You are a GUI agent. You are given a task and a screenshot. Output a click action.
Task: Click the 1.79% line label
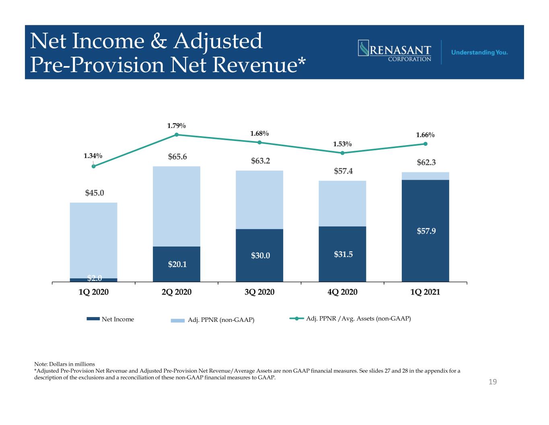[176, 126]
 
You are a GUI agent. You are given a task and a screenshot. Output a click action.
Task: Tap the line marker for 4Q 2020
[342, 153]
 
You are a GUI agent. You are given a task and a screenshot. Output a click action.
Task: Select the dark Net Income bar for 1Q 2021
[426, 231]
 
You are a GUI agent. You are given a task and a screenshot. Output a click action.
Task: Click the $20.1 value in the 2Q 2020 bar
[177, 264]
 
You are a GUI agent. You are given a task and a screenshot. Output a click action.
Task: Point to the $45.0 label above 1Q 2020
[95, 193]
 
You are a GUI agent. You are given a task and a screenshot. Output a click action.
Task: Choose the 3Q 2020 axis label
[259, 292]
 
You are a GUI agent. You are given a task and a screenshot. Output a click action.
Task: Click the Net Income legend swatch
[93, 319]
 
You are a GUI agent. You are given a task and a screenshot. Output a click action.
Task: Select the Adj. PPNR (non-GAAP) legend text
[221, 320]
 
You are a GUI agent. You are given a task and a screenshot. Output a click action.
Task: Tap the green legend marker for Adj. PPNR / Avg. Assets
[296, 319]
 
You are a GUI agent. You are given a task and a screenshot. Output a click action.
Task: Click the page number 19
[493, 382]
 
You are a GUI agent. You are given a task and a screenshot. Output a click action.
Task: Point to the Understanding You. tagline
[479, 52]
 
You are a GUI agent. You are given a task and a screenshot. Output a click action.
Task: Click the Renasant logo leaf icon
[364, 48]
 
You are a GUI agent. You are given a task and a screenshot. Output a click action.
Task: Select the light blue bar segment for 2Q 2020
[177, 206]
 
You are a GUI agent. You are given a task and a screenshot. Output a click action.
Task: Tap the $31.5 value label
[343, 254]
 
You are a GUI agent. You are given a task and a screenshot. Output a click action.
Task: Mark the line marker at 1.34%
[94, 166]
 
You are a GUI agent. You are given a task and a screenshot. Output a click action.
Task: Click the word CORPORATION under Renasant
[409, 59]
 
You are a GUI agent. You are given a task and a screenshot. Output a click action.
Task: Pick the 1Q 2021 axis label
[425, 292]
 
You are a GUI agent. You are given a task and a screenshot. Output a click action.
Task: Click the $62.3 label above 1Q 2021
[426, 162]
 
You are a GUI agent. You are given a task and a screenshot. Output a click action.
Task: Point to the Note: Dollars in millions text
[65, 364]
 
